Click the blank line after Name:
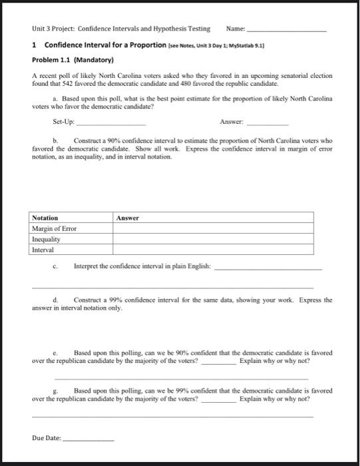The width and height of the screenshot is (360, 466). (x=287, y=31)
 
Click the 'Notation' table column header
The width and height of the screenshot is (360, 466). (x=45, y=218)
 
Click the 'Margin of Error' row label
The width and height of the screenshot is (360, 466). (x=55, y=228)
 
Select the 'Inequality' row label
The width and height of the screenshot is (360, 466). (x=46, y=239)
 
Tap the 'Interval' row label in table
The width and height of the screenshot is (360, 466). (x=43, y=250)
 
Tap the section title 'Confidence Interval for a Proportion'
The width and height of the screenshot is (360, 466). (x=105, y=45)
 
